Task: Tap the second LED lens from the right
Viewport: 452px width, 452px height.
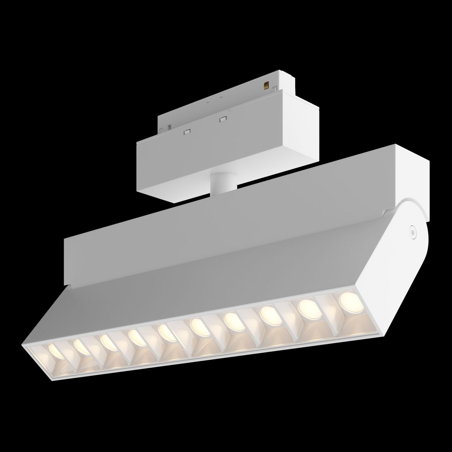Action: (x=307, y=300)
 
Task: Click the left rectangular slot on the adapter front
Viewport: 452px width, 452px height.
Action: (x=186, y=131)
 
